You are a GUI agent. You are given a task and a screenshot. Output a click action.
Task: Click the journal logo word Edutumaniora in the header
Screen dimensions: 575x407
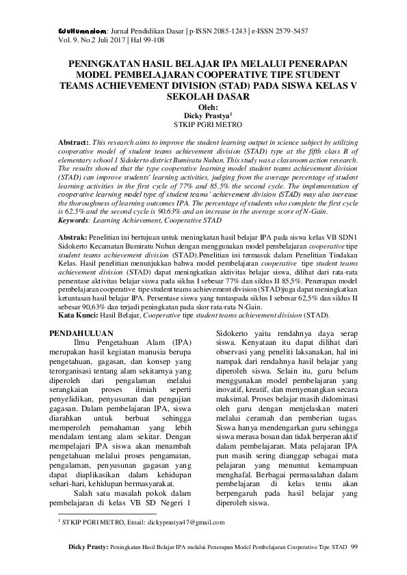(76, 31)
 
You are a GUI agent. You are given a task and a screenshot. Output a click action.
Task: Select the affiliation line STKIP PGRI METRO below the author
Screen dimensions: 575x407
(205, 125)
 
